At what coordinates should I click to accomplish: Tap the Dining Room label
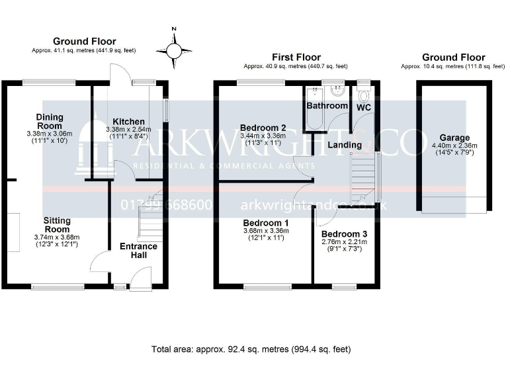coord(50,121)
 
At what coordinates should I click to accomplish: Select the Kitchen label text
coord(128,122)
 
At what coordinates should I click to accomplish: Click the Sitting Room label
coord(58,225)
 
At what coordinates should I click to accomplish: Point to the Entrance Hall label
coord(138,251)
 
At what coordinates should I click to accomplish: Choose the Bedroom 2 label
coord(263,128)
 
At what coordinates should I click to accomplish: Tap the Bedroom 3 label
coord(343,234)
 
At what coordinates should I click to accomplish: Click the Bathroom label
coord(327,106)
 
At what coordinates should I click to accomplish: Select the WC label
coord(364,106)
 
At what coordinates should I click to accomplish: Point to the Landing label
coord(345,144)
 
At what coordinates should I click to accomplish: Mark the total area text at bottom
coord(251,349)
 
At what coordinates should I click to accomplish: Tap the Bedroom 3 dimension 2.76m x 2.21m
coord(343,242)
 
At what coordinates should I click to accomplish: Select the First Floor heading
coord(294,58)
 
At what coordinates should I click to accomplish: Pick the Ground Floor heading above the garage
coord(453,58)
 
